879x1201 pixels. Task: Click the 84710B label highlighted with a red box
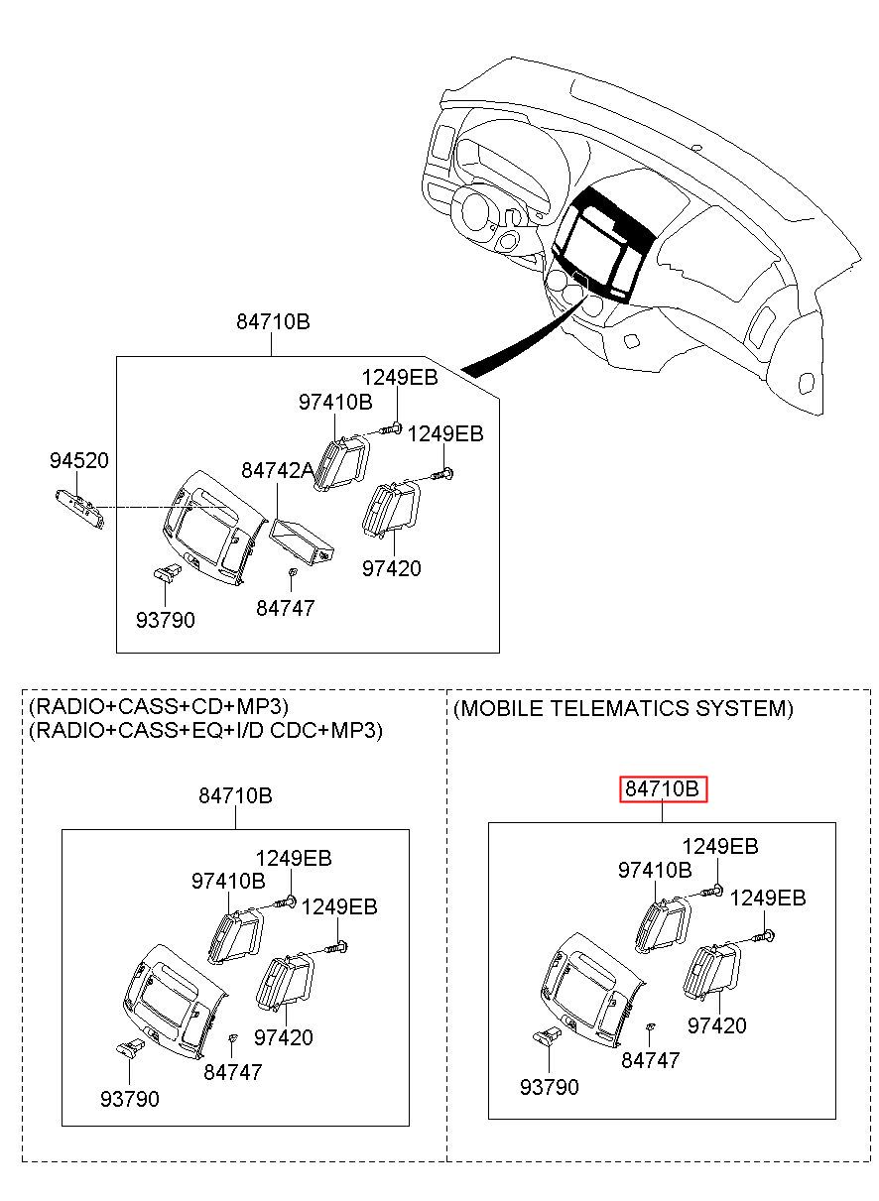(663, 789)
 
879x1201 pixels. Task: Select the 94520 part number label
(78, 460)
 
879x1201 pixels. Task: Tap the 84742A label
(277, 470)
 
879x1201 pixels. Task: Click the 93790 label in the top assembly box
(165, 621)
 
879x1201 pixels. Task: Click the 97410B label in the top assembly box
(335, 402)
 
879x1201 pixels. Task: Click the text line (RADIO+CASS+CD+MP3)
(159, 707)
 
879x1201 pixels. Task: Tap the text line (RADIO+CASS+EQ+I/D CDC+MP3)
(206, 730)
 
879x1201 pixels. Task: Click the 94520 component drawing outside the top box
(79, 508)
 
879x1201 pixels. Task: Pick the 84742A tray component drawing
(303, 541)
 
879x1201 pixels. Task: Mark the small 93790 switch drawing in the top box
(168, 572)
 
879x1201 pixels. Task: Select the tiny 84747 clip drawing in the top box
(292, 572)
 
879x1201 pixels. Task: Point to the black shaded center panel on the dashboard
(604, 244)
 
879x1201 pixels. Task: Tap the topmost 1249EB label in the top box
(400, 378)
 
